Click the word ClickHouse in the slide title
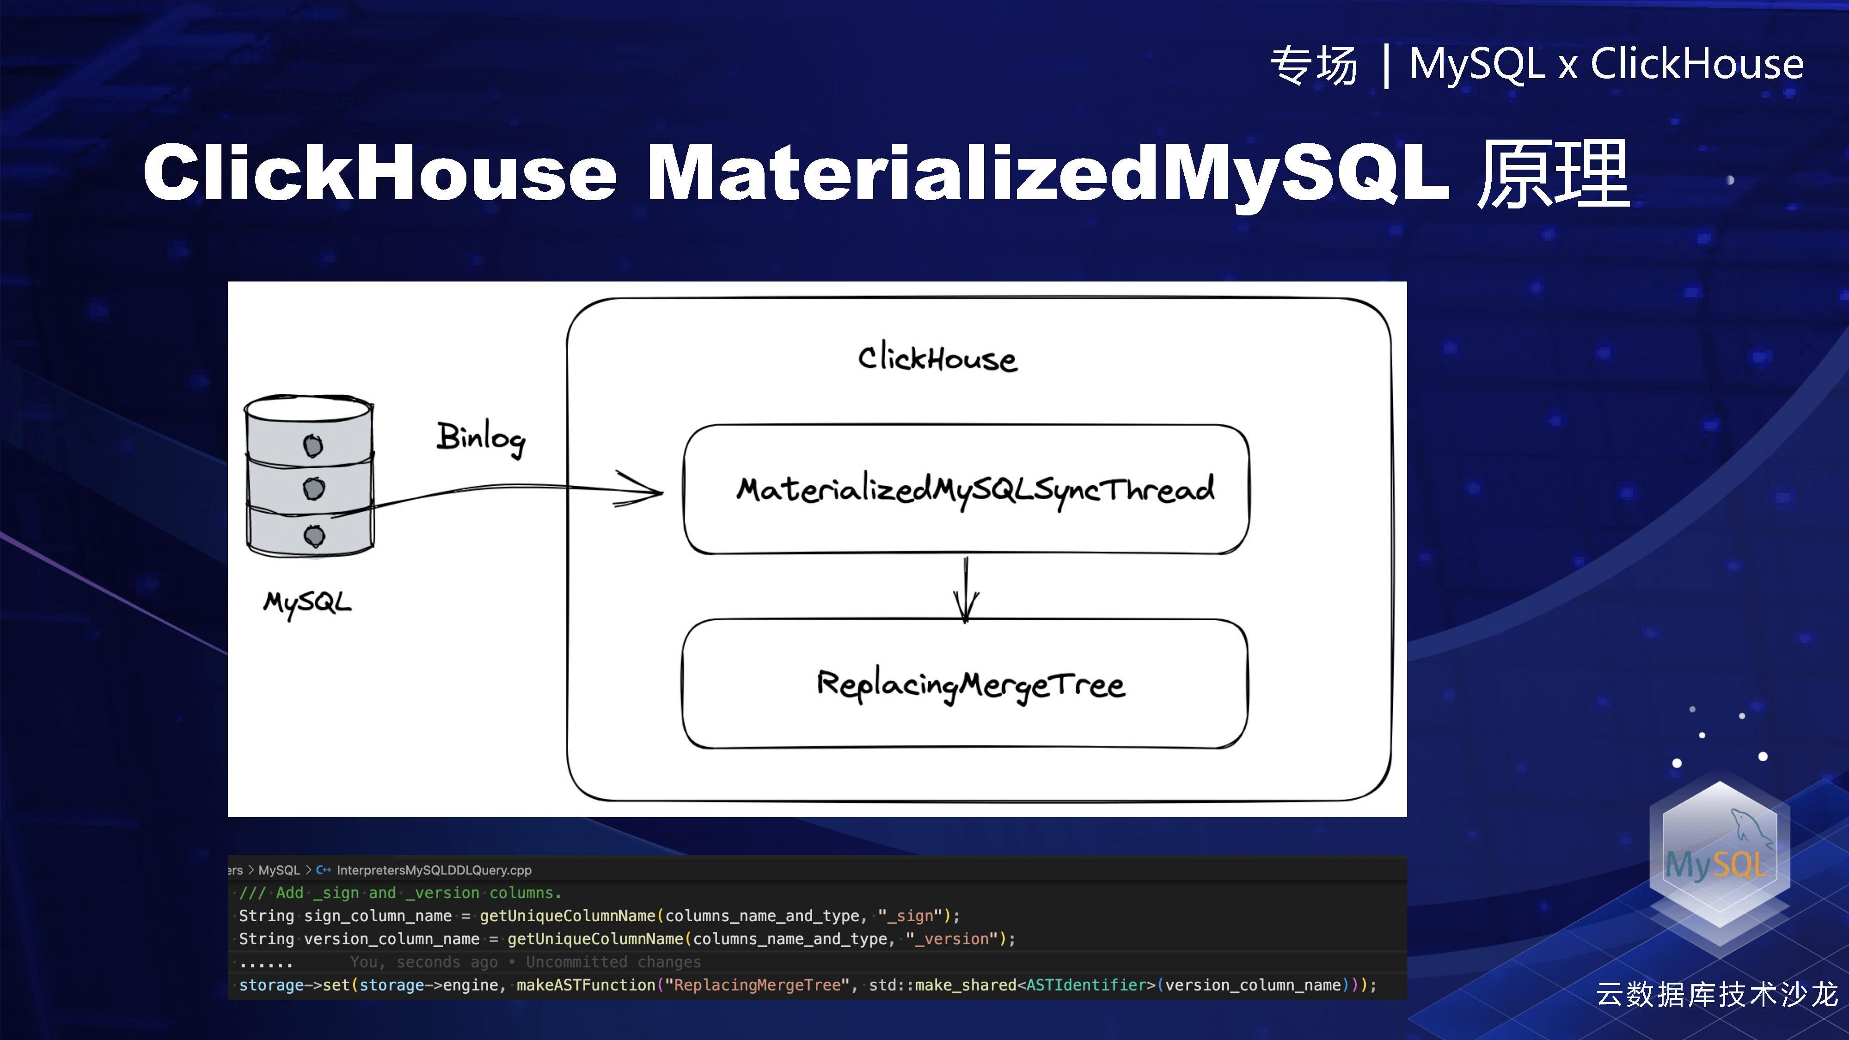coord(380,173)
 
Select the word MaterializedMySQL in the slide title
coord(1048,173)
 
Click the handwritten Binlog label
coord(481,438)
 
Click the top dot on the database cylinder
coord(313,446)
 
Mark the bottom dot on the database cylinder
coord(314,535)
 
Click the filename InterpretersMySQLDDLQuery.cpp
coord(434,870)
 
